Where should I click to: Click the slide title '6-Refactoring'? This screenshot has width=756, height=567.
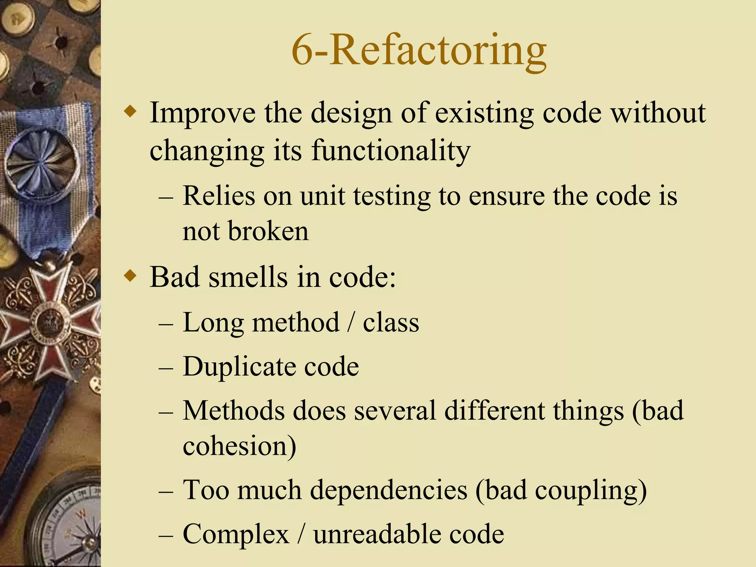[419, 51]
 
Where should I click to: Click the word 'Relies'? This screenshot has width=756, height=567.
[219, 196]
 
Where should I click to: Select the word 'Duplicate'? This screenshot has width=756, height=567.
[238, 367]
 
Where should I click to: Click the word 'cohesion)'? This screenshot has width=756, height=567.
[239, 446]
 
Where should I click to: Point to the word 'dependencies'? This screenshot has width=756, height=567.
[388, 490]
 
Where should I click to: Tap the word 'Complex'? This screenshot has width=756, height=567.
[236, 534]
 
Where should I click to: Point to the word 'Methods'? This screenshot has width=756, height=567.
[234, 410]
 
